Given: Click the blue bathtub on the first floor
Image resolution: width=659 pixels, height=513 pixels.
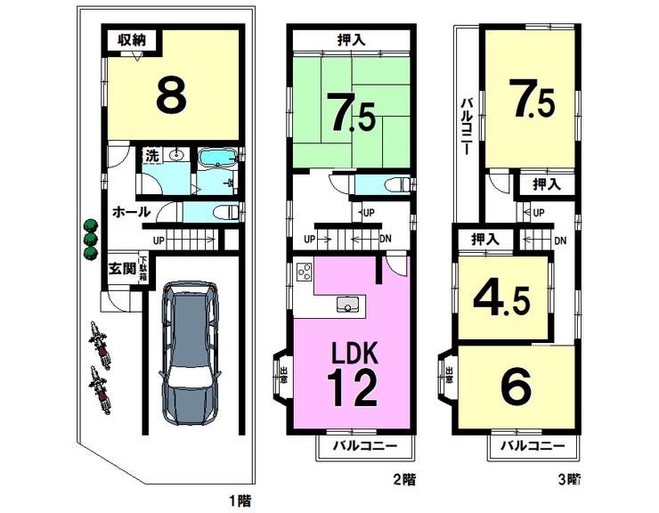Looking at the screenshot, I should tap(216, 159).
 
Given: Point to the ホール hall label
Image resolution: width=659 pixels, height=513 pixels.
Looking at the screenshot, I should tap(130, 212).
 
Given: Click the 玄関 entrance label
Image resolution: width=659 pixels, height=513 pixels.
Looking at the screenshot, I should tap(122, 267).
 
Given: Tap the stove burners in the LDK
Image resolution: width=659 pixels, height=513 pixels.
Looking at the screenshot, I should tap(303, 272).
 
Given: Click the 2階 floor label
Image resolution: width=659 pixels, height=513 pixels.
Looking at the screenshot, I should tap(403, 479).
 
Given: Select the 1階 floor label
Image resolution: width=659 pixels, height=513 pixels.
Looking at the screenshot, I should tap(238, 501).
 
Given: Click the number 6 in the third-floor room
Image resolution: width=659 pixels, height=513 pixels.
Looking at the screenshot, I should tap(518, 387).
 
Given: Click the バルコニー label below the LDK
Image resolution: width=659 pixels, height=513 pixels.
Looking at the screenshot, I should tap(365, 444).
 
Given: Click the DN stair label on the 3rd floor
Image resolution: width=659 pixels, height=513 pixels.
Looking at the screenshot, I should tap(560, 240).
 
